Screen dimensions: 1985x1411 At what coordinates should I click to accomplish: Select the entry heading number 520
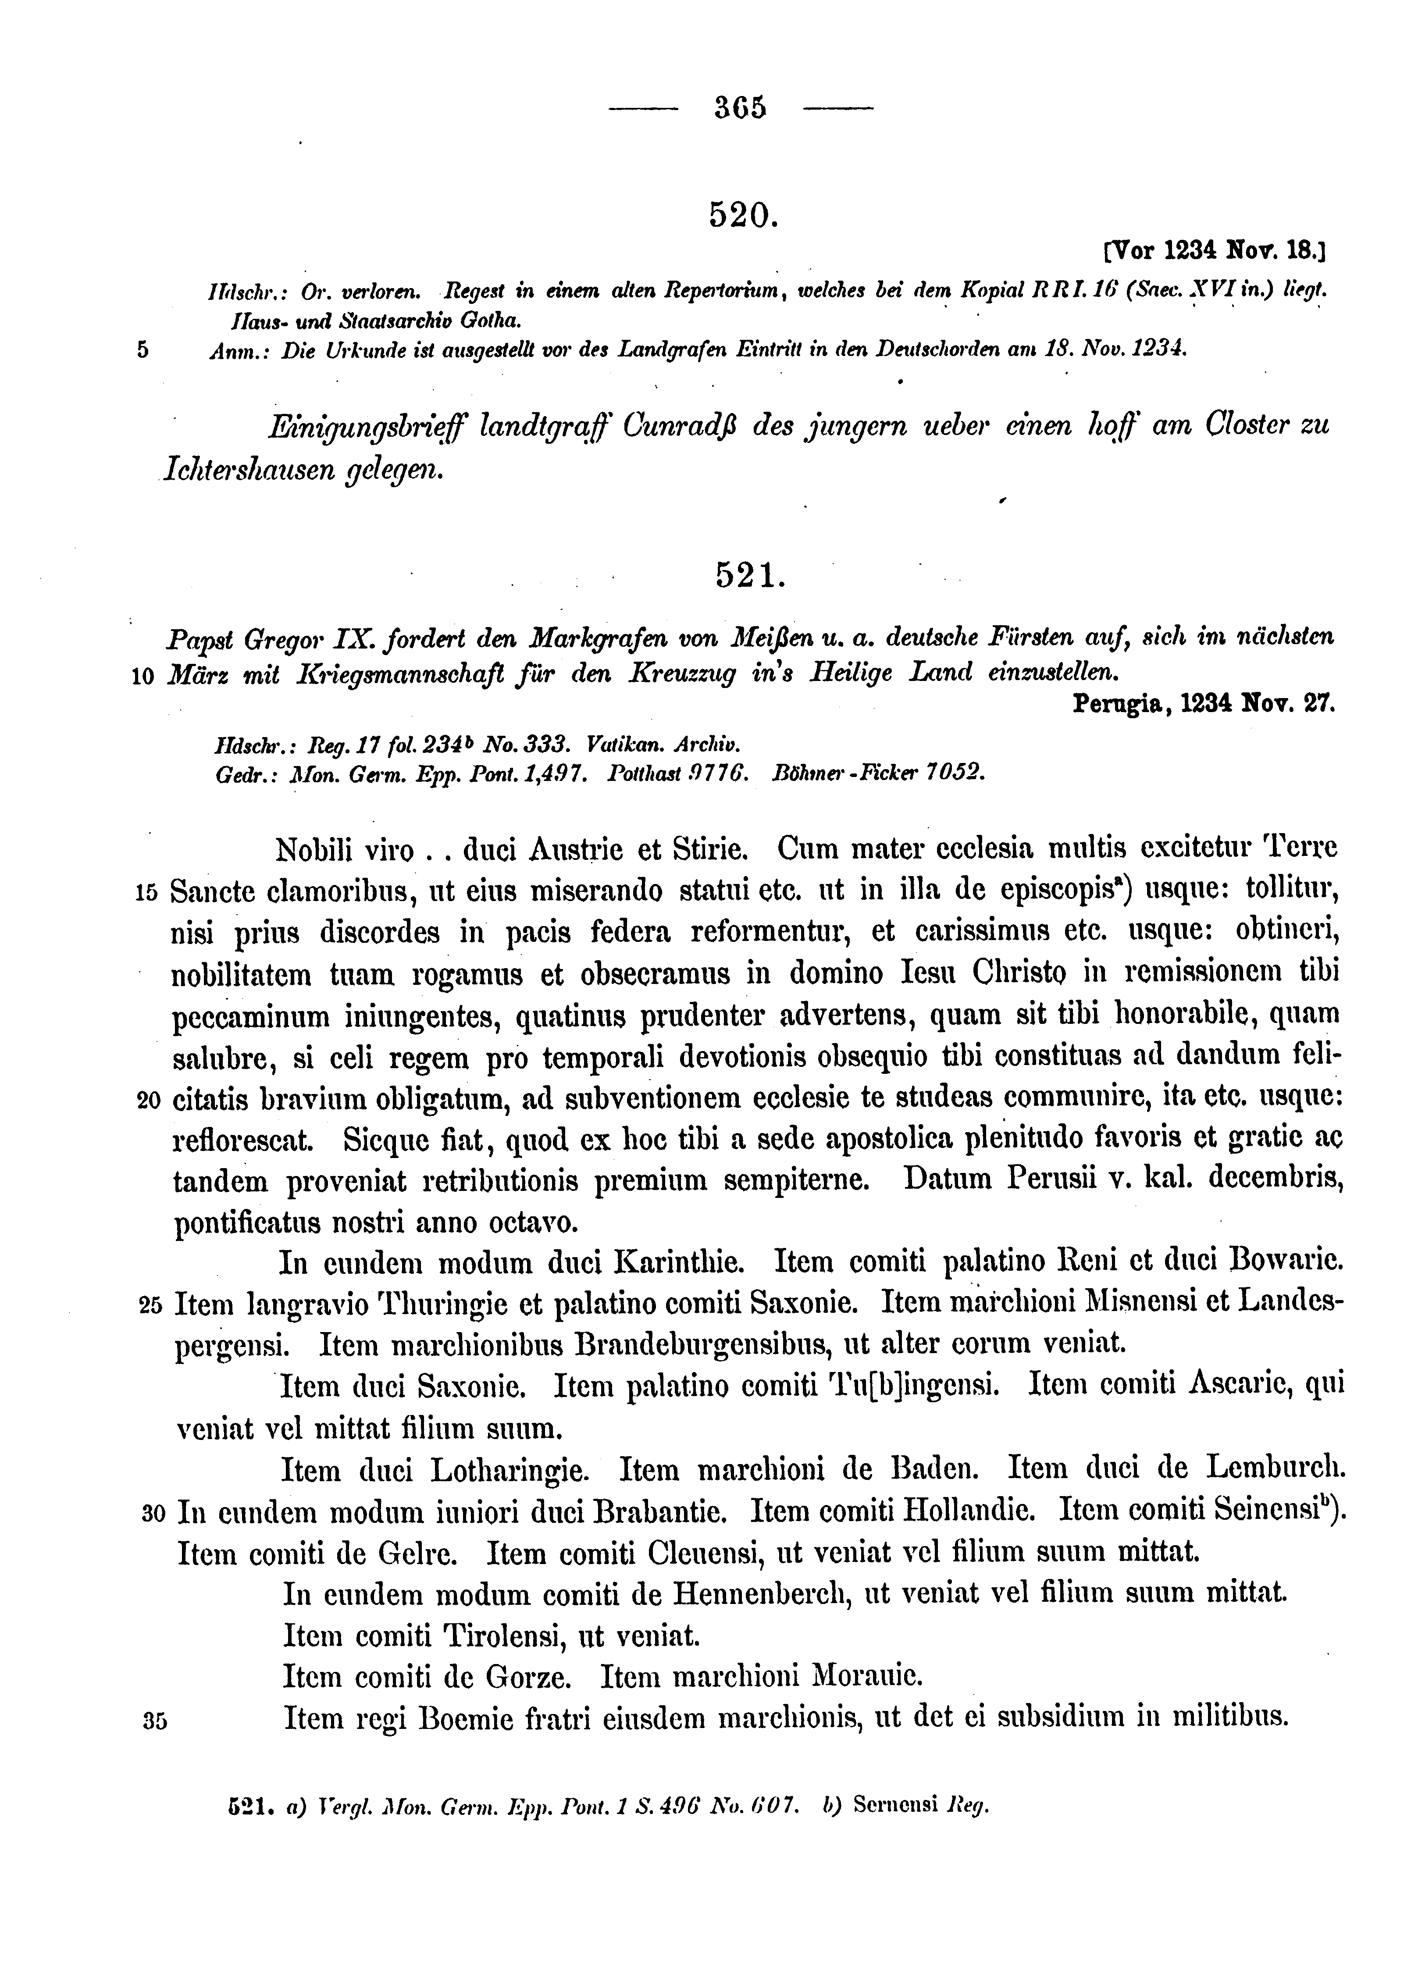click(740, 214)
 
